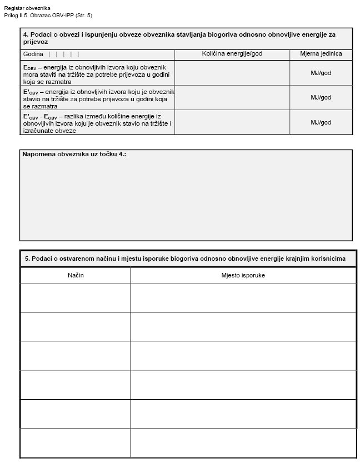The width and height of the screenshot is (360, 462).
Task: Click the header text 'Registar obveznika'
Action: pos(27,8)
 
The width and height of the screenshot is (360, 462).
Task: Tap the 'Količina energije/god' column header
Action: pos(232,54)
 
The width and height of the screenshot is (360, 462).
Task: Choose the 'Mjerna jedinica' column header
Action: pos(321,54)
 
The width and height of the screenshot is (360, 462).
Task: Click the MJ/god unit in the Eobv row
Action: pos(321,73)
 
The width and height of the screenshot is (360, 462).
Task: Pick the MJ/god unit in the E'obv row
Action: pos(321,97)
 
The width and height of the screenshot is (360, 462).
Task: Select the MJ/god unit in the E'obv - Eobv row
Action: pos(321,122)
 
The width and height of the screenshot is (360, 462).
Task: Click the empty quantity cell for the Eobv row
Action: pos(232,73)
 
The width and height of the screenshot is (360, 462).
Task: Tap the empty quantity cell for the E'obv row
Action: pos(232,97)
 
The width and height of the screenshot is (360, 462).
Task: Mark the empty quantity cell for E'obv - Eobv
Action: pos(232,122)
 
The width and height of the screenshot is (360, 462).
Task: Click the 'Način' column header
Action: pos(76,275)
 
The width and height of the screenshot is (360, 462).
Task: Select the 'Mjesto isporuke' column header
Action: pos(243,275)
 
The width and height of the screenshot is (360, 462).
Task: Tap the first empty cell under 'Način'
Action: pos(76,297)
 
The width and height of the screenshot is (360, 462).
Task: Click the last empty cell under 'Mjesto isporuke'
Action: pos(243,443)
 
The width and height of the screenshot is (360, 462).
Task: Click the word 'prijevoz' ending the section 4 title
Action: pos(34,42)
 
